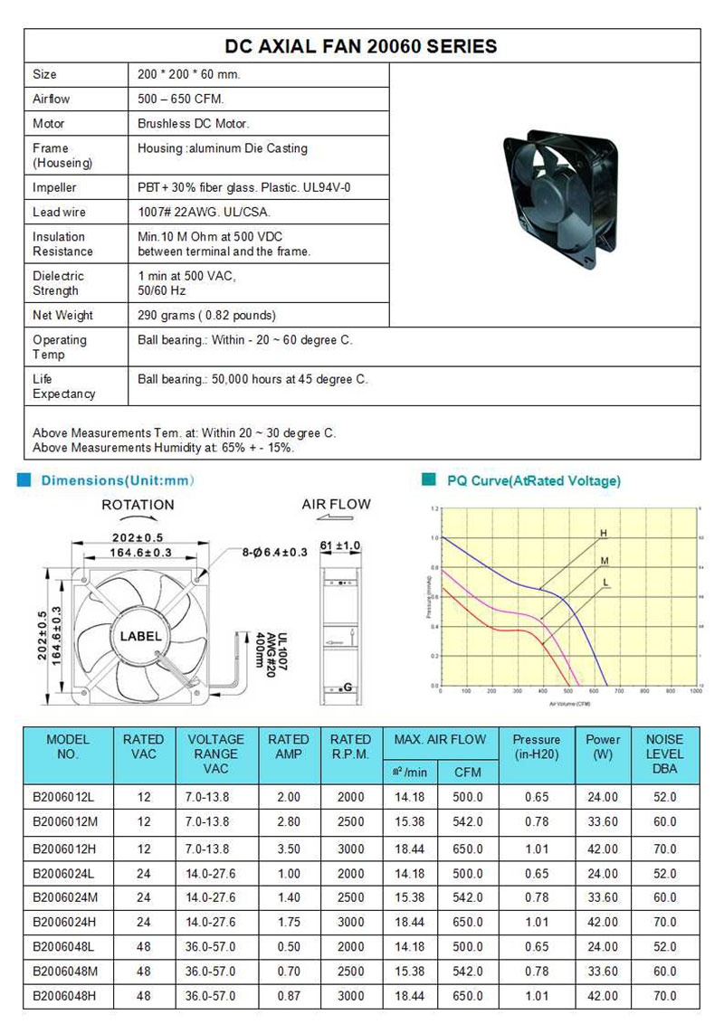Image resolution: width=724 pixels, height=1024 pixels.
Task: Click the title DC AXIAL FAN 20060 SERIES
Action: pos(361,45)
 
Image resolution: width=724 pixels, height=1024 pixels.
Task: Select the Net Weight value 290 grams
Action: pos(207,316)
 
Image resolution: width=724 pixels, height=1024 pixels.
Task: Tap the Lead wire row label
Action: pos(60,212)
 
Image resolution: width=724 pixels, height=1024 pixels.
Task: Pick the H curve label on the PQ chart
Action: pos(603,534)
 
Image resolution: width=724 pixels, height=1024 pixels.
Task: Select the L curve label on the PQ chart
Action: pos(605,582)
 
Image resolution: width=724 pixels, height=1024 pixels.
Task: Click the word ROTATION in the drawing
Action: pos(138,505)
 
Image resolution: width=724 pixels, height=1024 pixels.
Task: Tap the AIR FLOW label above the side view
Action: pos(336,504)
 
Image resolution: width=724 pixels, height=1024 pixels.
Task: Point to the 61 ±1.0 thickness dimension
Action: pos(340,545)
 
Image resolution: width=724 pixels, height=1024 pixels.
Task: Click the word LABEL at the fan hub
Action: pos(140,637)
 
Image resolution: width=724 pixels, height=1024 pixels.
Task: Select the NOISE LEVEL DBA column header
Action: pos(664,754)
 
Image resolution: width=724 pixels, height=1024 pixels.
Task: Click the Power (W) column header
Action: pos(603,746)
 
